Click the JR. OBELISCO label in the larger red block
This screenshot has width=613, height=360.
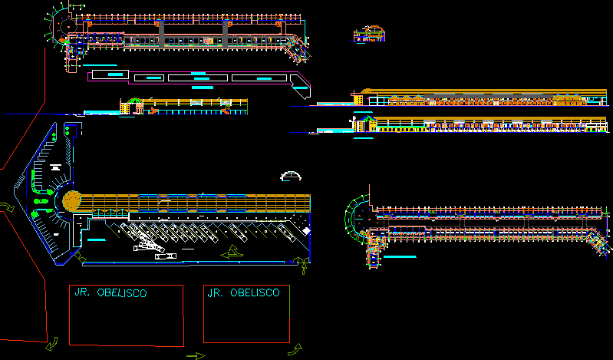pyautogui.click(x=110, y=292)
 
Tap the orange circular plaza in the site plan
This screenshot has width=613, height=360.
pyautogui.click(x=72, y=200)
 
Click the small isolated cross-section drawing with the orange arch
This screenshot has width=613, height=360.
pyautogui.click(x=369, y=35)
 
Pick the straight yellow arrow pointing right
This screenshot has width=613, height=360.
pyautogui.click(x=196, y=355)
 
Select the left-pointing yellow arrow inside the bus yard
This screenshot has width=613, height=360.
pyautogui.click(x=229, y=253)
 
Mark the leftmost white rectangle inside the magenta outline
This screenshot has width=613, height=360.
pyautogui.click(x=149, y=78)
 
